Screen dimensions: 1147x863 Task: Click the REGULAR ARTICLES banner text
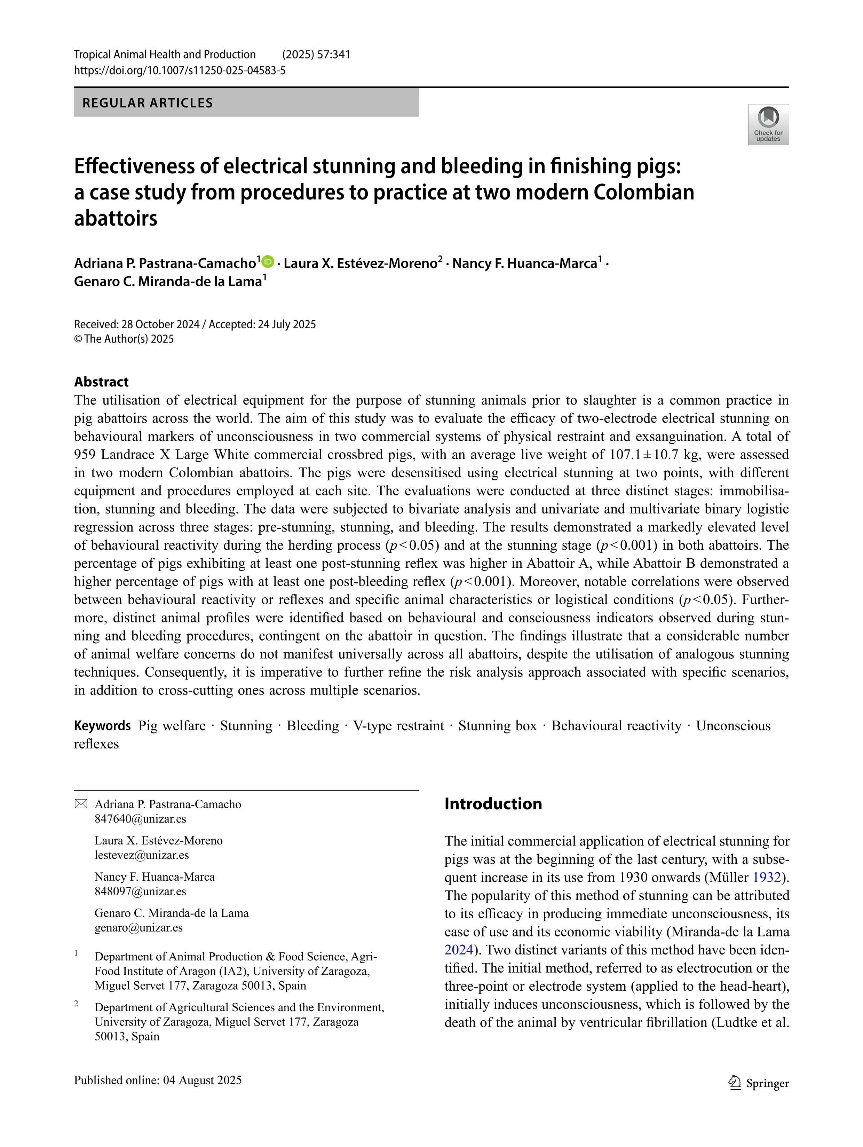click(148, 103)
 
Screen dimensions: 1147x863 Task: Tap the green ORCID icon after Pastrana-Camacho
click(268, 262)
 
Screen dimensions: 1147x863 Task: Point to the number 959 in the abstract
click(85, 455)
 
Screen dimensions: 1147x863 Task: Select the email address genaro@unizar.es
click(138, 928)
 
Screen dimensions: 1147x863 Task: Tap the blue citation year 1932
click(766, 877)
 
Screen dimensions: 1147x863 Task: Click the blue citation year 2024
click(459, 950)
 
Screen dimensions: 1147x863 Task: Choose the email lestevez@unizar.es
click(142, 855)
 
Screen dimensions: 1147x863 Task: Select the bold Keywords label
click(102, 725)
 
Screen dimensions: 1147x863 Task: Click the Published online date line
click(158, 1080)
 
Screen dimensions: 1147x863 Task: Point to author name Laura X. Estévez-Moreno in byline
click(360, 264)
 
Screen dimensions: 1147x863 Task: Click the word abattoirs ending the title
click(116, 218)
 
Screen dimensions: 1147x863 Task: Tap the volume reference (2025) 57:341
click(316, 54)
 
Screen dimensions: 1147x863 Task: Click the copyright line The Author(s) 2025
click(124, 339)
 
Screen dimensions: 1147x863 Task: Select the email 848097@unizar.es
click(140, 891)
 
